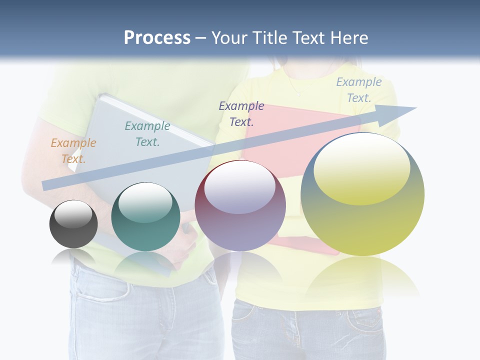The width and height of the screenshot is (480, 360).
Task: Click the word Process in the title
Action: [157, 38]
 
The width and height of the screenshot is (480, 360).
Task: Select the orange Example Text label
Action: [73, 151]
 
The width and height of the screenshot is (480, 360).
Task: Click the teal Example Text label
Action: [147, 134]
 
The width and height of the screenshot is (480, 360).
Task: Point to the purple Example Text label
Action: [241, 114]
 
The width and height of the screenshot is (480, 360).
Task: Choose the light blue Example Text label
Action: [359, 90]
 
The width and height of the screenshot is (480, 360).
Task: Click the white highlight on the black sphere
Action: [73, 214]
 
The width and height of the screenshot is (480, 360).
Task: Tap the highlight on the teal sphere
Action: [145, 201]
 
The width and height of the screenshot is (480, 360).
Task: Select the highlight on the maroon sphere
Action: [240, 186]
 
